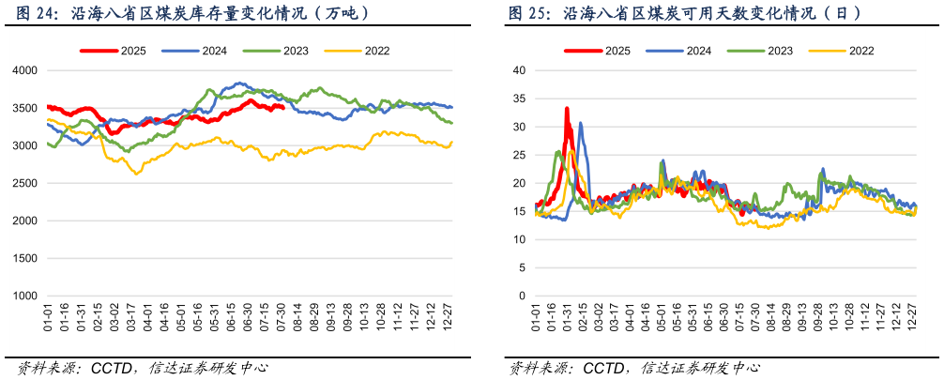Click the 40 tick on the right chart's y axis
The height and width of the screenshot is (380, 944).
pyautogui.click(x=518, y=70)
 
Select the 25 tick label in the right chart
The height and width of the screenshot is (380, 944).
pyautogui.click(x=518, y=155)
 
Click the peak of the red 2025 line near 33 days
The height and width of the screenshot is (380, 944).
pyautogui.click(x=567, y=109)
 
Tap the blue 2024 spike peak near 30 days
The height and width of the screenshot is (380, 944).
pyautogui.click(x=581, y=123)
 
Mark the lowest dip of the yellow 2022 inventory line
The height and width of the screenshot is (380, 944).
pyautogui.click(x=137, y=174)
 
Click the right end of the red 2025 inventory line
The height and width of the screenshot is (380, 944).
pyautogui.click(x=283, y=108)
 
